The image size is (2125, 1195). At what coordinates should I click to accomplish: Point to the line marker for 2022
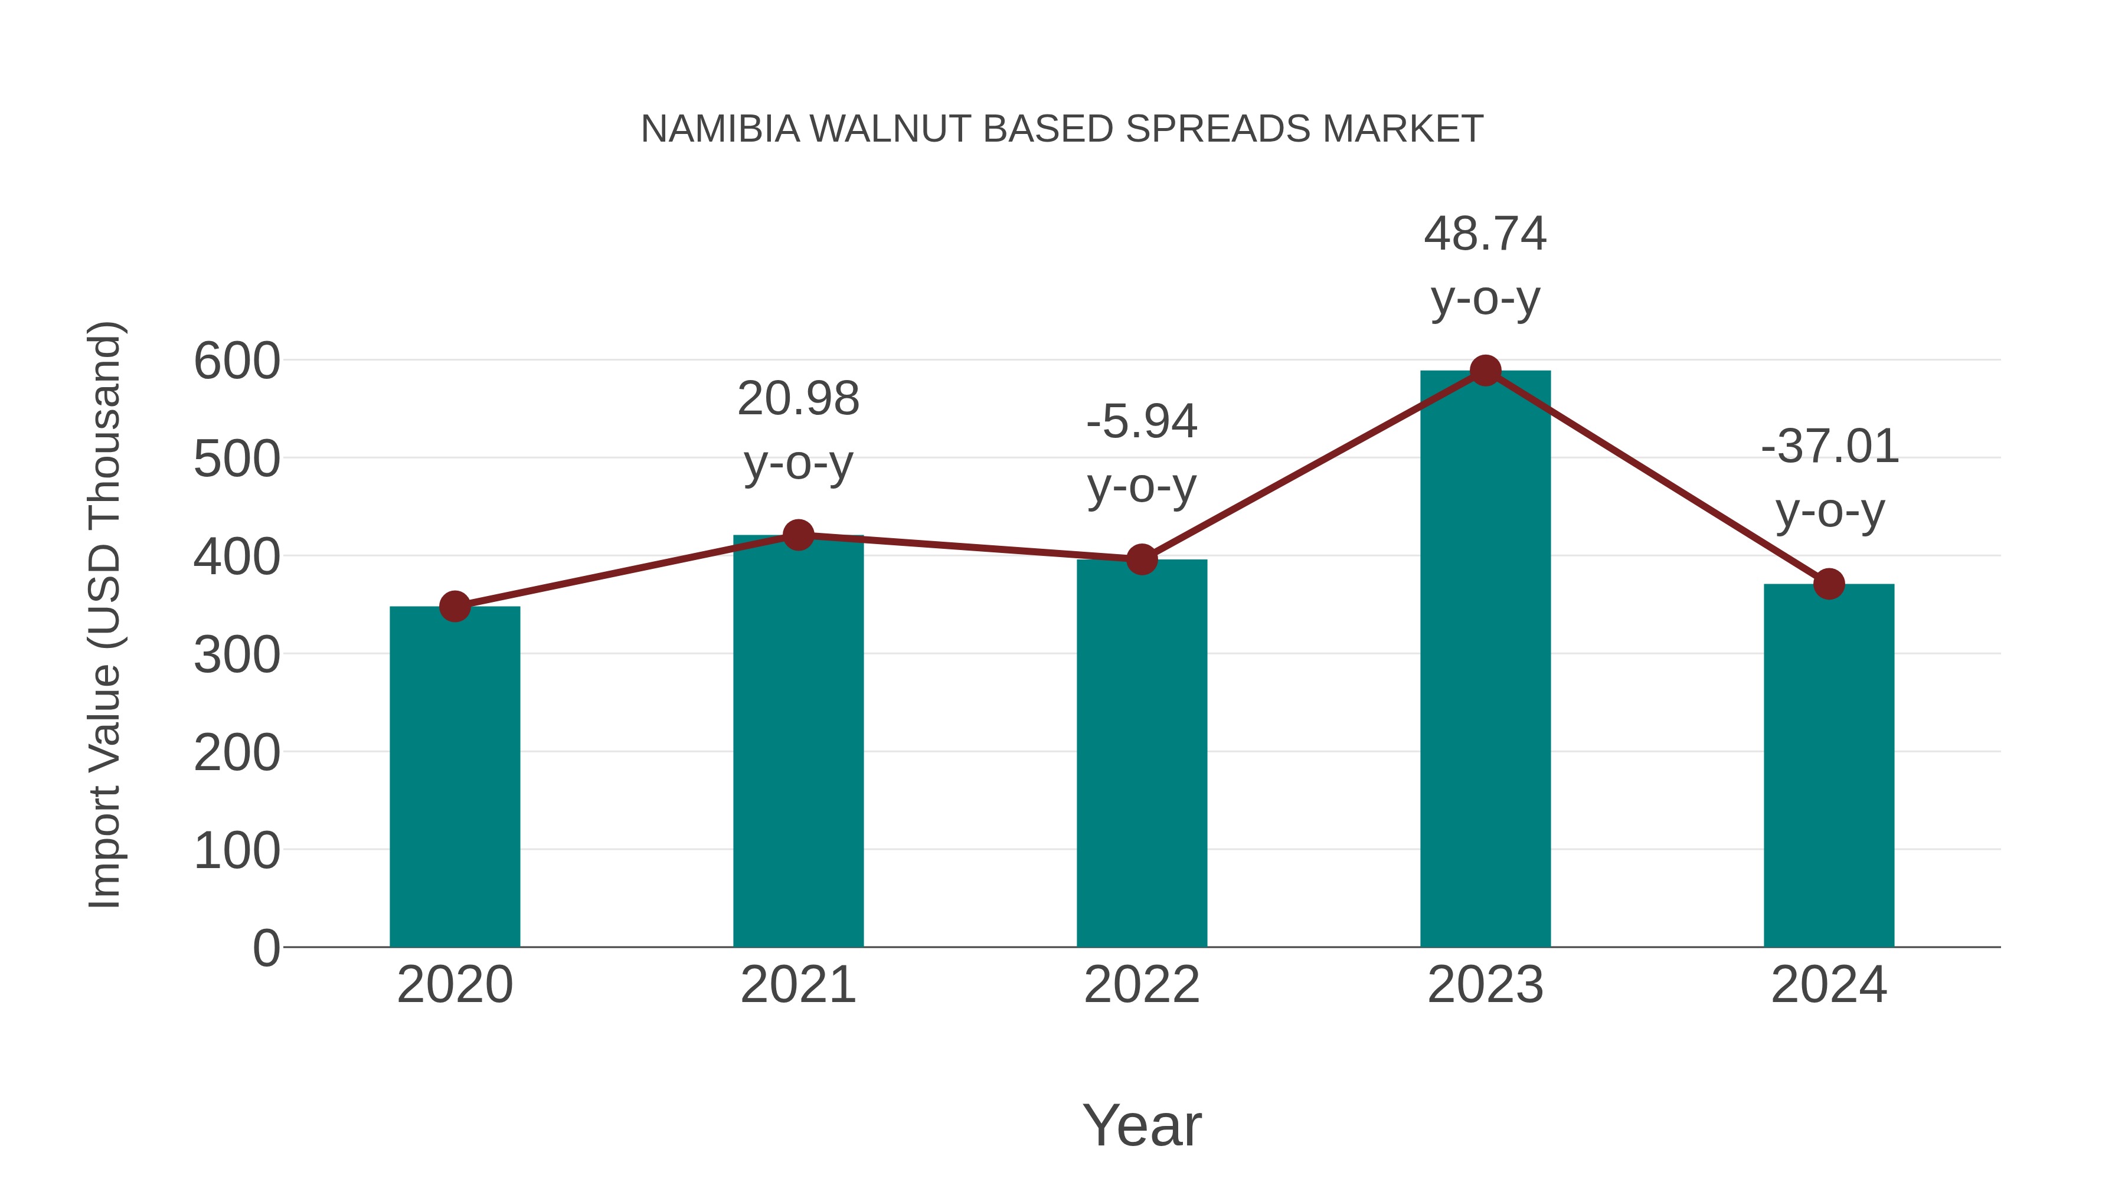[1142, 560]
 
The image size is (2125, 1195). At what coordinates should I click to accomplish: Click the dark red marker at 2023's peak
[1485, 371]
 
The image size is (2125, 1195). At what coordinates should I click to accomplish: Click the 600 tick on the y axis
[237, 361]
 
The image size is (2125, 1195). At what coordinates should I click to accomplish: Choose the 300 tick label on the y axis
[237, 656]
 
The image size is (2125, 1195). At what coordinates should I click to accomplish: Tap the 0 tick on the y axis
[266, 948]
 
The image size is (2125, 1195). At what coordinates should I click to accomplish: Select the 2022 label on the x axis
[1142, 985]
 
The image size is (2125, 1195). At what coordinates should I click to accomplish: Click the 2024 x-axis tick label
[1829, 985]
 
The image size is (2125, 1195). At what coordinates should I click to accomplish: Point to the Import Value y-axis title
[106, 614]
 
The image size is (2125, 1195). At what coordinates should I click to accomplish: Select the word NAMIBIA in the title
[720, 129]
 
